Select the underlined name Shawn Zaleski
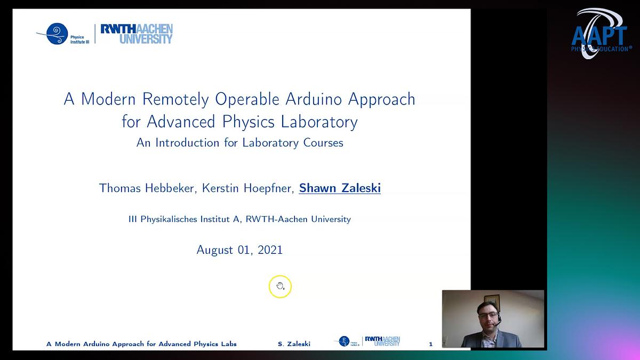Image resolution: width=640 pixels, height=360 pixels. pyautogui.click(x=340, y=188)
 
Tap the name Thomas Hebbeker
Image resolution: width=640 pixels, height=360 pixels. pyautogui.click(x=147, y=188)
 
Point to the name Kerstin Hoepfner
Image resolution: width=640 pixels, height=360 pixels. pyautogui.click(x=247, y=188)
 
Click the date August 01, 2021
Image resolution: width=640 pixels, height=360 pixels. pyautogui.click(x=239, y=250)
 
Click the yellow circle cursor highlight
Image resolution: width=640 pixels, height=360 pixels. pyautogui.click(x=280, y=287)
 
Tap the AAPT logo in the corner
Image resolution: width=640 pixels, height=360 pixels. pyautogui.click(x=599, y=33)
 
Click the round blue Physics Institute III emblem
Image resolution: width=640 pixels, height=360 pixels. pyautogui.click(x=57, y=34)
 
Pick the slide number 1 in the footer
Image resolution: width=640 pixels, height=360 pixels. pyautogui.click(x=431, y=345)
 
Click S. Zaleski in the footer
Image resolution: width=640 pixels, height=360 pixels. pyautogui.click(x=294, y=345)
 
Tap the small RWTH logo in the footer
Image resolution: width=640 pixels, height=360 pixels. pyautogui.click(x=382, y=341)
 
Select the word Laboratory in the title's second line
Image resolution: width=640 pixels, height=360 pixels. pyautogui.click(x=321, y=122)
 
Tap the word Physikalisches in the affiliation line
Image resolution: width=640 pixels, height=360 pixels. pyautogui.click(x=170, y=219)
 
